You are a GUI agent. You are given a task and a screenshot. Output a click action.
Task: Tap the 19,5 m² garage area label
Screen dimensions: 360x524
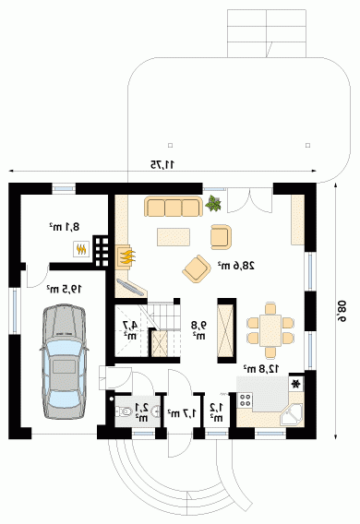[64, 289]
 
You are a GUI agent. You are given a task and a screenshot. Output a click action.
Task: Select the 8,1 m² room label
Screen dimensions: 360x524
[65, 227]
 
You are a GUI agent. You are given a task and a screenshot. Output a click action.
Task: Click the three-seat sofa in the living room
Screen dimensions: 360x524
[174, 207]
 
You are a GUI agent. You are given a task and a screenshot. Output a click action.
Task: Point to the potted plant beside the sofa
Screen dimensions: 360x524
[213, 203]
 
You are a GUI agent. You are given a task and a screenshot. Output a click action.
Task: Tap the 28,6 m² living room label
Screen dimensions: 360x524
[236, 266]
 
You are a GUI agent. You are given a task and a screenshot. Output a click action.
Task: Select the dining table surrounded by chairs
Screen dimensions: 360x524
[270, 330]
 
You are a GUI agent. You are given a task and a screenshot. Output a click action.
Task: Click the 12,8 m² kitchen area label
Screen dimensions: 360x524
[261, 369]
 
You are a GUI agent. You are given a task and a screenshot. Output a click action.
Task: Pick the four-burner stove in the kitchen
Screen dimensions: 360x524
[245, 400]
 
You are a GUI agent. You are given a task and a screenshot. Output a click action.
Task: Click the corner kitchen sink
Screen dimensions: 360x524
[291, 415]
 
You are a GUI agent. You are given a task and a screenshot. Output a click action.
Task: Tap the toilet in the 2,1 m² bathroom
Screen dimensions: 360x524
[123, 411]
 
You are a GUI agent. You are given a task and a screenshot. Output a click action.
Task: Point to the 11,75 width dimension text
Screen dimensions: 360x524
[162, 164]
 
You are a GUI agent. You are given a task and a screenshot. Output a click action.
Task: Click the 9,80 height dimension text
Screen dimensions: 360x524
[343, 311]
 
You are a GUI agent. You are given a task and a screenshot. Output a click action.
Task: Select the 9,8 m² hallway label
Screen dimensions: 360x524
[198, 330]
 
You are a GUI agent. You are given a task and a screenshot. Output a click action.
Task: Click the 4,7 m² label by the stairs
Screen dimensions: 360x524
[130, 330]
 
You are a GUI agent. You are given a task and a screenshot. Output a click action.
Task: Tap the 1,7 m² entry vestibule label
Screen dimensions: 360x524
[182, 413]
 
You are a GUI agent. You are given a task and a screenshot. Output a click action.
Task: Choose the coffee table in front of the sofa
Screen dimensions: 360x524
[174, 237]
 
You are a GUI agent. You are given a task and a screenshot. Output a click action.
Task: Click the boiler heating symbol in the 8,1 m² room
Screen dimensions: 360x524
[81, 249]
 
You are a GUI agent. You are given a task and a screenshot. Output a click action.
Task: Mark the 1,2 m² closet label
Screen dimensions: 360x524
[216, 412]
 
